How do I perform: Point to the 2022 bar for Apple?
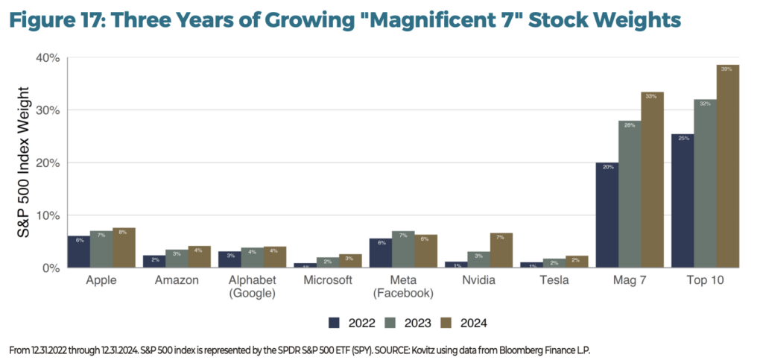coord(78,252)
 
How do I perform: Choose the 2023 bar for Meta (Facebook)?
coord(403,250)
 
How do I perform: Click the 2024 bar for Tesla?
coord(577,262)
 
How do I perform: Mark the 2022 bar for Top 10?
coord(683,201)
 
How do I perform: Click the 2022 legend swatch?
coord(335,323)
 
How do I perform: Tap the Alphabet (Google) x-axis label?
coord(253,285)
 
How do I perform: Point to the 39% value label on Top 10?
coord(727,69)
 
